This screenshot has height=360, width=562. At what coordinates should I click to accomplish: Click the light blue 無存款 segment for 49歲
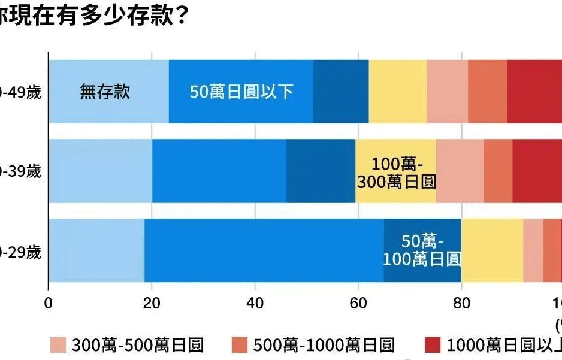coord(108,92)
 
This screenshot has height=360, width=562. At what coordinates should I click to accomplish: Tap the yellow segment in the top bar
coord(397,92)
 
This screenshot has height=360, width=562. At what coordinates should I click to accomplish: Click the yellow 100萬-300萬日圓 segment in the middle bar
coord(395,171)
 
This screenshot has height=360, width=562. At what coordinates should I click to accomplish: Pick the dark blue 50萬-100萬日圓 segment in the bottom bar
coord(422,250)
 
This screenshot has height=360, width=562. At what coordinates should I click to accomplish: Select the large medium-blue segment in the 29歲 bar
coord(264,250)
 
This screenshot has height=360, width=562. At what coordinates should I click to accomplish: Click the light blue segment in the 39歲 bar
coord(100,171)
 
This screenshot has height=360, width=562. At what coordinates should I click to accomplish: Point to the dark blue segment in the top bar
coord(340,92)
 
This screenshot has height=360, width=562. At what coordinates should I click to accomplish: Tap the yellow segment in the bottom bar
coord(492,250)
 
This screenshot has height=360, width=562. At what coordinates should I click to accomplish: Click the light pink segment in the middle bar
coord(460,171)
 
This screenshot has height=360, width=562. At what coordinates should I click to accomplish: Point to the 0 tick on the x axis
coord(49,301)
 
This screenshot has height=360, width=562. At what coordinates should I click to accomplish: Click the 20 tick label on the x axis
coord(152,301)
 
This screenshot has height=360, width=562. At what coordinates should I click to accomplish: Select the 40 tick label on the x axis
coord(255,301)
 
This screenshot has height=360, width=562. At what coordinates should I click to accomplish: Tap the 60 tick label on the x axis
coord(358,301)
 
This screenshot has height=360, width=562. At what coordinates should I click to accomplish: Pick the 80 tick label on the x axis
coord(461,301)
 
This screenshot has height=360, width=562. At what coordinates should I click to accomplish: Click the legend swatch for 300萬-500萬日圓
coord(58,345)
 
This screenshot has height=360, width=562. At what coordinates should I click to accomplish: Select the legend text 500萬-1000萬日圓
coord(324,345)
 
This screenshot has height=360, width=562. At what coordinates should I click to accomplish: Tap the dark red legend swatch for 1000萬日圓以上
coord(432,345)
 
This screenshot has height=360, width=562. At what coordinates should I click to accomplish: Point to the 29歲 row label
coord(21,252)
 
